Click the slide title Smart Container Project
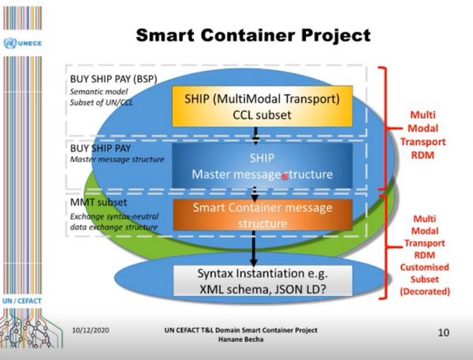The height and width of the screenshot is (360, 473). [x=253, y=36]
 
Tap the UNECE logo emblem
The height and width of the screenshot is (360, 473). [x=10, y=44]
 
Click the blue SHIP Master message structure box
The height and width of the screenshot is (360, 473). [x=255, y=165]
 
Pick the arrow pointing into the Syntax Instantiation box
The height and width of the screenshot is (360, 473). [x=255, y=251]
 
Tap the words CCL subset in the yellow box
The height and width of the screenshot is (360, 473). [x=255, y=115]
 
